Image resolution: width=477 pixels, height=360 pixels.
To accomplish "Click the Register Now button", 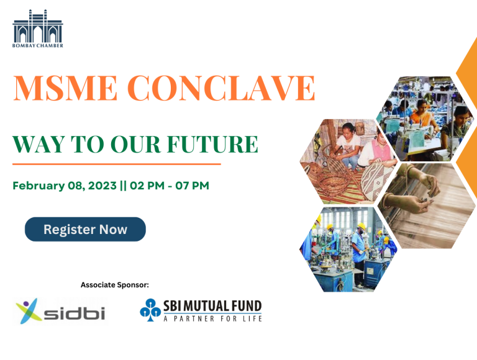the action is (85, 229).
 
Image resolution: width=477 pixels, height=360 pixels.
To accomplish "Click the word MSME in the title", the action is (65, 88).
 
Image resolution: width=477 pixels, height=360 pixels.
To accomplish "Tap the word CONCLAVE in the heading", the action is (221, 88).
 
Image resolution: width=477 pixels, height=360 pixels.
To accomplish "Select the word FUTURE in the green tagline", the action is (212, 144).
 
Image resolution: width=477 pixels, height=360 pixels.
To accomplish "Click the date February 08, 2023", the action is (65, 186).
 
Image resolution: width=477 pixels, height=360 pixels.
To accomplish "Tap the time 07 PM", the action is (193, 186).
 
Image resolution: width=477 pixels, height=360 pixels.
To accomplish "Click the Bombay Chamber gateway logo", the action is (38, 29).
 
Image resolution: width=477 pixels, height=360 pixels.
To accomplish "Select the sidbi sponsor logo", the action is (60, 311).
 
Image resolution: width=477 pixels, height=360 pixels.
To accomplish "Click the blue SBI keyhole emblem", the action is (150, 310).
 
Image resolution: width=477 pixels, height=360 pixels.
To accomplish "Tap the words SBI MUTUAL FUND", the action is (212, 306).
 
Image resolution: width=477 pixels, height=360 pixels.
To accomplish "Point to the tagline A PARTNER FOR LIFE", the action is (212, 318).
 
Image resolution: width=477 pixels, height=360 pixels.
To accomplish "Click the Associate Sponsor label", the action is (115, 285).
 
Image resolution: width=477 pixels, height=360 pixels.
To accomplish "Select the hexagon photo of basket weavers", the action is (348, 161).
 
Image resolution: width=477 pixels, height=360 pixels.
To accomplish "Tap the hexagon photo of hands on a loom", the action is (427, 206).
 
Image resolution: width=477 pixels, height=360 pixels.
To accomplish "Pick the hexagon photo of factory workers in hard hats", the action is (348, 250).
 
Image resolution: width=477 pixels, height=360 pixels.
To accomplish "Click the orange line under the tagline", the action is (117, 164).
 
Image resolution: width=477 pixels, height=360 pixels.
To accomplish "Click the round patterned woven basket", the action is (377, 181).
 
